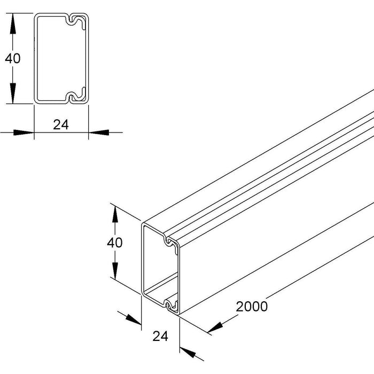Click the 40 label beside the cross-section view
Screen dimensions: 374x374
(x=13, y=58)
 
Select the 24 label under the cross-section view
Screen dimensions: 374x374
(x=61, y=124)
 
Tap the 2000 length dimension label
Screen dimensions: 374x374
(x=252, y=307)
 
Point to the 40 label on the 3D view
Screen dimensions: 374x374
(x=115, y=243)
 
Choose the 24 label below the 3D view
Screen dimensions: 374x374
(x=160, y=336)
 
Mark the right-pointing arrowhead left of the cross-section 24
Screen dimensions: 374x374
(x=24, y=133)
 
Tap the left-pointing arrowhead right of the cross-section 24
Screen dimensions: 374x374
(x=99, y=133)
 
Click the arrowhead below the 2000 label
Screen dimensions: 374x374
(x=215, y=327)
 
